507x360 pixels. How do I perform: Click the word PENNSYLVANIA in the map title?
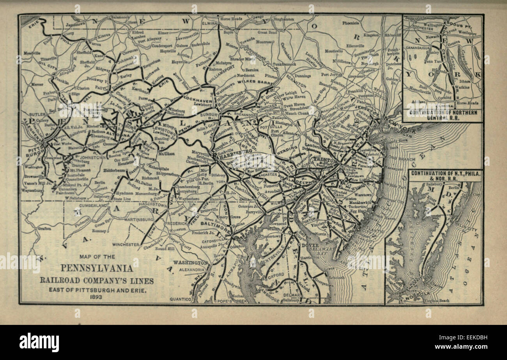[96, 268]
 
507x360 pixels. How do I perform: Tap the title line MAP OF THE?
[97, 257]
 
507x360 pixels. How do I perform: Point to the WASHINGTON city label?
[191, 262]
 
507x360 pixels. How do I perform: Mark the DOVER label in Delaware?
[310, 245]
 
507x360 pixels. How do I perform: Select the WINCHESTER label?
[126, 244]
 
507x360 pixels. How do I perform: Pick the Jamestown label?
[76, 24]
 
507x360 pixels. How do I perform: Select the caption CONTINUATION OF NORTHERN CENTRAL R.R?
[442, 115]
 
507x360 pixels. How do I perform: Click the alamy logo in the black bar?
[39, 342]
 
